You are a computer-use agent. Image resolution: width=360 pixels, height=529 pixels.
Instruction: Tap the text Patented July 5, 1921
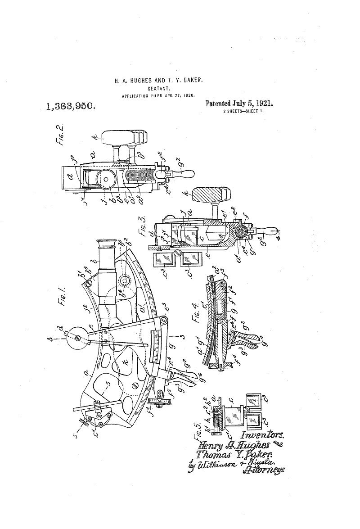tap(239, 104)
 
